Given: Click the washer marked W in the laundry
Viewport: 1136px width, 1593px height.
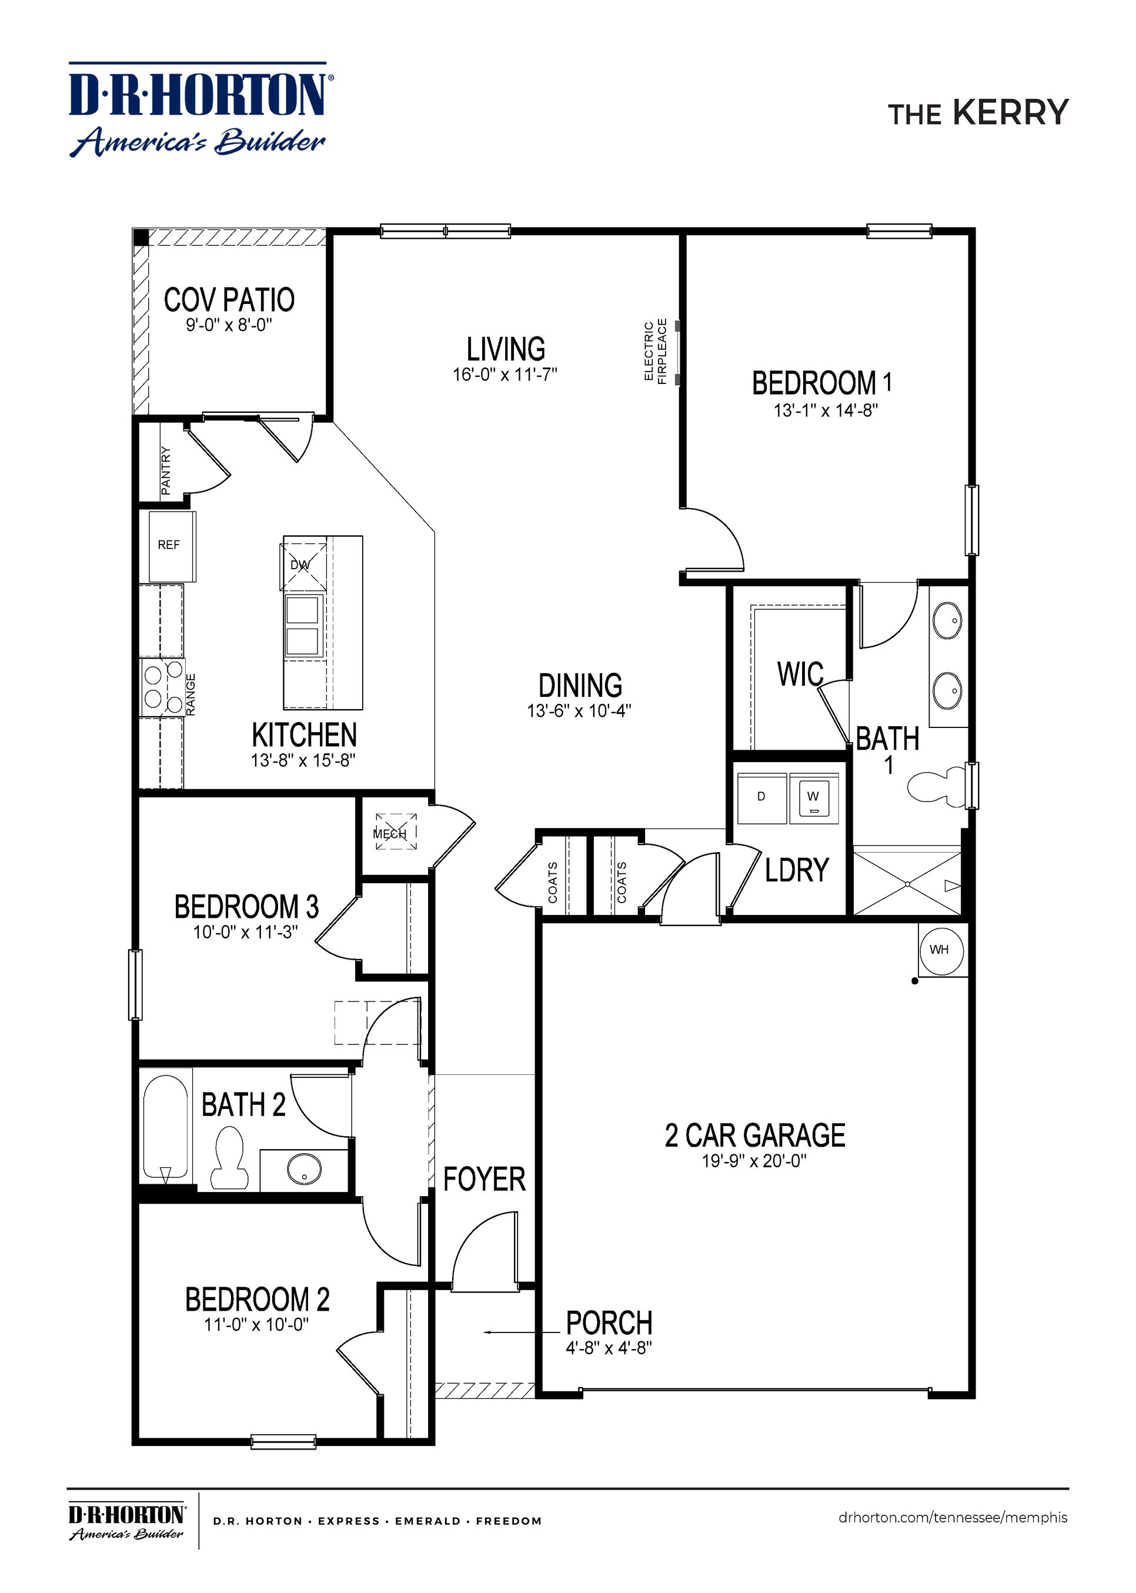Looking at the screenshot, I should pos(814,797).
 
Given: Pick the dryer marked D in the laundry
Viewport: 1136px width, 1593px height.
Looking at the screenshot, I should pos(762,797).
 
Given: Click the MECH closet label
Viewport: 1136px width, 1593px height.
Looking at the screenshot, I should pos(390,834).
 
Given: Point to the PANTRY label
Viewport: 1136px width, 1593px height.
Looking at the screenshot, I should pos(166,471).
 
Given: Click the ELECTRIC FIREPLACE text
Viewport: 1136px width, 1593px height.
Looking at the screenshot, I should pos(656,351).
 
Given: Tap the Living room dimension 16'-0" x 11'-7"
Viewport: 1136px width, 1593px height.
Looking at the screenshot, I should pos(505,375).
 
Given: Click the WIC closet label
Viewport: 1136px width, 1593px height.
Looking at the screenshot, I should pos(800,675).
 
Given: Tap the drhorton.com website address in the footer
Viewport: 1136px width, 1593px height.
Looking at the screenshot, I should pos(953,1518).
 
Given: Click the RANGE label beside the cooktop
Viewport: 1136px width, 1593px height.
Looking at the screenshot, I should pos(191,694).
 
